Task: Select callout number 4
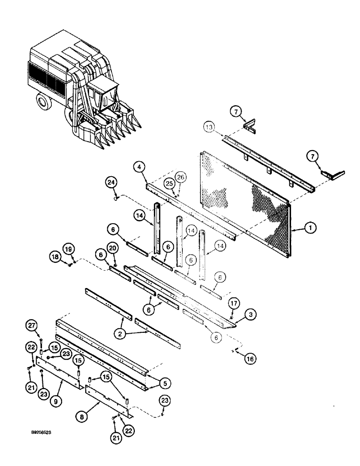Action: pyautogui.click(x=138, y=166)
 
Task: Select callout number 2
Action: pyautogui.click(x=123, y=334)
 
